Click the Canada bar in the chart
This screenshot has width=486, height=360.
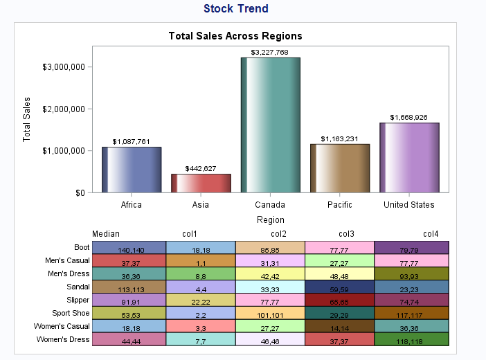point(270,125)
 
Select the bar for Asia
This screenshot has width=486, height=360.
point(201,183)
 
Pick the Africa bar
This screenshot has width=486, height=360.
point(132,170)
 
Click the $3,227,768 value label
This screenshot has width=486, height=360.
point(270,52)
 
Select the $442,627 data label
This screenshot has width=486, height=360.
point(201,168)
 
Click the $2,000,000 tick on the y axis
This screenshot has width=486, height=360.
point(64,109)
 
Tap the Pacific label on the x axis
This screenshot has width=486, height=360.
point(339,205)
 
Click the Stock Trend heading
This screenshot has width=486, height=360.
point(236,9)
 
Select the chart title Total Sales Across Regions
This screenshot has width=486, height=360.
point(235,36)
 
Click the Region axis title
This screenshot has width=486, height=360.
point(270,219)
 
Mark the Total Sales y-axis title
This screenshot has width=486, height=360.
point(27,119)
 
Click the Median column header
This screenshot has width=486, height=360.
point(106,234)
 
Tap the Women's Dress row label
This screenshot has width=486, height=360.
point(64,339)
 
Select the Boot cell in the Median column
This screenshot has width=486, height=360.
point(129,248)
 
